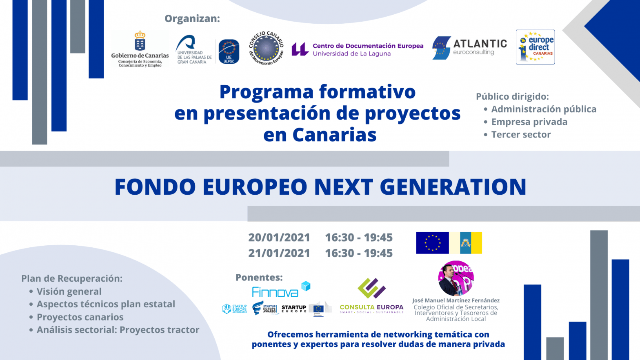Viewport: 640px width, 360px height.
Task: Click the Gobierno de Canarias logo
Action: (x=140, y=49)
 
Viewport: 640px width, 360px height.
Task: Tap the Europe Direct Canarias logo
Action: (x=535, y=47)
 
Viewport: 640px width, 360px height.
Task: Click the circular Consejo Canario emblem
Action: (x=266, y=48)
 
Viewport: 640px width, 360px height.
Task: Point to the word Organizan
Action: (x=192, y=19)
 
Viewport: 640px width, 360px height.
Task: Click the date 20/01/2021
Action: (x=279, y=238)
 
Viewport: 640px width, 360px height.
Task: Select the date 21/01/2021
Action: (x=279, y=253)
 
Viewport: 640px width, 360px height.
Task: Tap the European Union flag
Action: (x=432, y=243)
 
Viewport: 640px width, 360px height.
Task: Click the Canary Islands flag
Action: (x=466, y=243)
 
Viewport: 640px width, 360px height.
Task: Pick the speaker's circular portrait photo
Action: (x=456, y=278)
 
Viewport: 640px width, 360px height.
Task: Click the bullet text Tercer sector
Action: (x=521, y=135)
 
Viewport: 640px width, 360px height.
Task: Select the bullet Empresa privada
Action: (x=529, y=122)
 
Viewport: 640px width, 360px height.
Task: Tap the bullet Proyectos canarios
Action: (x=80, y=317)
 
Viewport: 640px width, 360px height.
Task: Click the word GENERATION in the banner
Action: (x=453, y=187)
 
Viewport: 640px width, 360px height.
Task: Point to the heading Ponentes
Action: (x=259, y=278)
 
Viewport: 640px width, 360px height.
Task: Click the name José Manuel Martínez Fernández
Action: (x=456, y=300)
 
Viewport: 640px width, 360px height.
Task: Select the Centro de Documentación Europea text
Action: (x=368, y=46)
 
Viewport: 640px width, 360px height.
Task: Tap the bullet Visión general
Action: (x=69, y=291)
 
